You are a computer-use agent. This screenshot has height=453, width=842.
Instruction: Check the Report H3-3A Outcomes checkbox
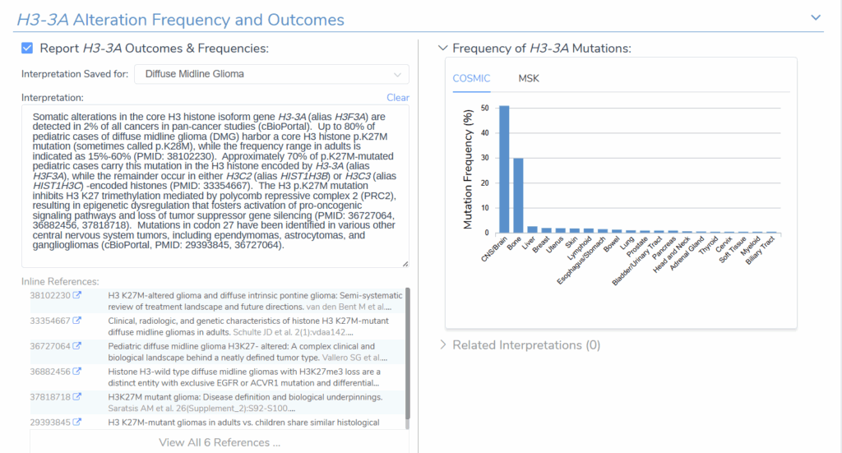[x=28, y=49]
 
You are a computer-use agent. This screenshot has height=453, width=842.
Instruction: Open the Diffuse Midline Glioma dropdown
[x=271, y=74]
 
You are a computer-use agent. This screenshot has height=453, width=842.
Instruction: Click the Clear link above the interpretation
[x=398, y=98]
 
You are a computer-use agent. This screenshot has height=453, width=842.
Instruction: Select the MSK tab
[x=529, y=78]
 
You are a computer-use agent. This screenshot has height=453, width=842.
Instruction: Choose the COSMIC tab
[x=471, y=78]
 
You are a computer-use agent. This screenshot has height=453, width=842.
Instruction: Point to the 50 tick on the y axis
[x=487, y=108]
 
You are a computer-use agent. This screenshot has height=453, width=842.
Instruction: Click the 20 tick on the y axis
[x=487, y=183]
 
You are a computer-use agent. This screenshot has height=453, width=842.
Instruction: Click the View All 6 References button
[x=220, y=442]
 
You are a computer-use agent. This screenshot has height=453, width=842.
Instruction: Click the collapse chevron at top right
[x=816, y=17]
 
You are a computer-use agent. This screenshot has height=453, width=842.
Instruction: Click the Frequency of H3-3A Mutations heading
[x=541, y=49]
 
